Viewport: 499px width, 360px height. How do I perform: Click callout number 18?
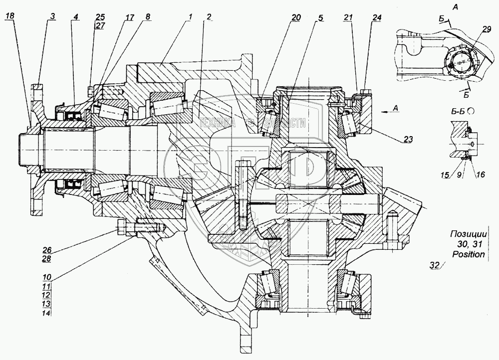(x=10, y=16)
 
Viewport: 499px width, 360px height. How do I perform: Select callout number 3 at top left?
(x=51, y=16)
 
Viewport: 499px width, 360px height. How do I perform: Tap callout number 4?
(x=75, y=16)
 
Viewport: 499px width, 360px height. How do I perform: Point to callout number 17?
(x=130, y=17)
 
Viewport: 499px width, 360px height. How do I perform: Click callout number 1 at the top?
(x=190, y=16)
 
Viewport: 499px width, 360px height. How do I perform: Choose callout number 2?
(x=209, y=16)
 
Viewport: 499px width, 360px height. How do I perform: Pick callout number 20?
(x=296, y=17)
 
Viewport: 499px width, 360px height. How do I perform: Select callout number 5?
(x=319, y=17)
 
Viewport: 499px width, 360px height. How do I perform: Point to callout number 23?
(x=408, y=140)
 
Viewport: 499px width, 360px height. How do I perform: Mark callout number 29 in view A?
(x=487, y=30)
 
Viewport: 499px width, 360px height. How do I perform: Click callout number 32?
(x=433, y=265)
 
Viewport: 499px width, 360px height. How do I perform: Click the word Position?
(x=468, y=254)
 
